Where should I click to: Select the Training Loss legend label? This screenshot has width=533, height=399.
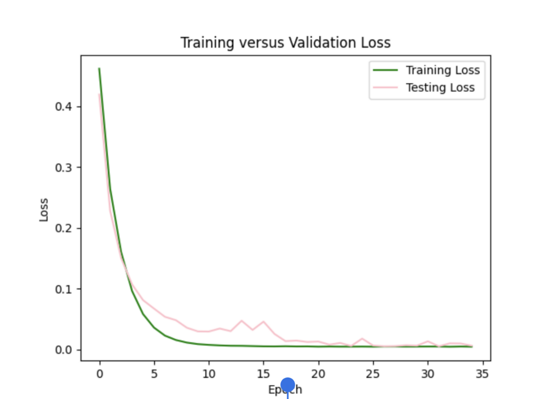point(442,70)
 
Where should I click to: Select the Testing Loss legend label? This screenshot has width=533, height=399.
point(440,87)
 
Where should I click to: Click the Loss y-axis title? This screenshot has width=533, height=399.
point(44,210)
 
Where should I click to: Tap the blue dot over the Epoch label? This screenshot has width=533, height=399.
point(288,385)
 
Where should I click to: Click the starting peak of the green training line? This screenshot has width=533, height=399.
point(99,69)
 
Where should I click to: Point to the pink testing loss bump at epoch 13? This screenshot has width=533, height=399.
point(241,321)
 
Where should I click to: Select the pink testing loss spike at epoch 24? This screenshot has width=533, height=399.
point(362,339)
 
